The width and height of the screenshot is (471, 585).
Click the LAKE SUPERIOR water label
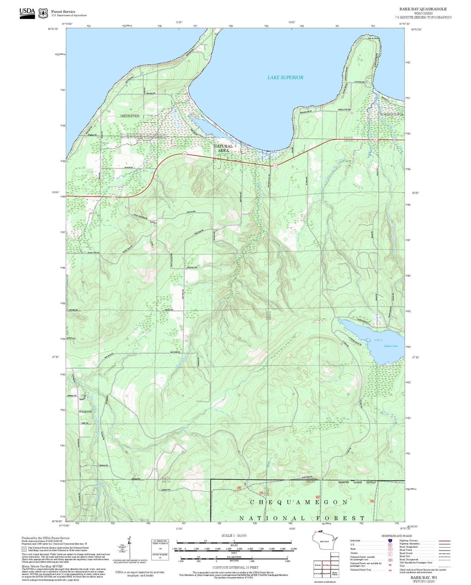(285, 77)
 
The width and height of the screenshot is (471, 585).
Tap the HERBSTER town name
(130, 116)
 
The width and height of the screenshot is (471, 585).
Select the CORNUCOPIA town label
(391, 114)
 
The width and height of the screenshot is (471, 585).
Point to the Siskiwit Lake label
(391, 346)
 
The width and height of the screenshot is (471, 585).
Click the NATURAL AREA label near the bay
(223, 148)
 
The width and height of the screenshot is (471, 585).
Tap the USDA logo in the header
(27, 13)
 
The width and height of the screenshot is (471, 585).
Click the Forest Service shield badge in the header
(43, 13)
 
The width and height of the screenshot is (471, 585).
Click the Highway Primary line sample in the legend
(443, 541)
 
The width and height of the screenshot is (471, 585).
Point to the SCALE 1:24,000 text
(234, 536)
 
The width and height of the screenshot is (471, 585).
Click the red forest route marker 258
(261, 493)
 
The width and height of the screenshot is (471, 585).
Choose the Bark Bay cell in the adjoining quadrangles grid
(326, 565)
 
